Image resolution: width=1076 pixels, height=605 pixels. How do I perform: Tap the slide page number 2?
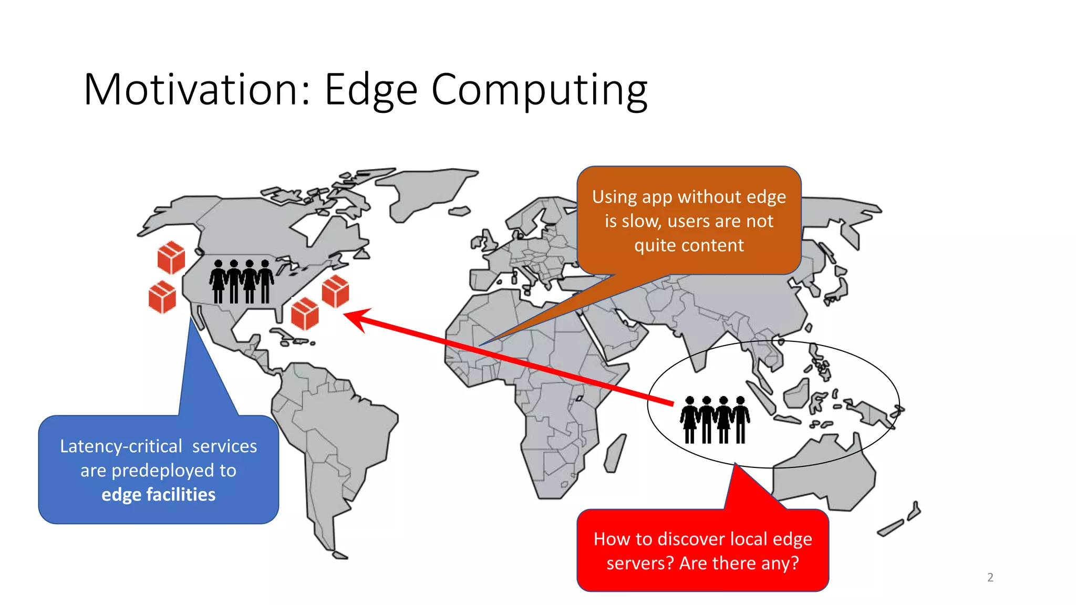click(990, 577)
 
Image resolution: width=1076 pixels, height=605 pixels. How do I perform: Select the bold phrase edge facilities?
click(158, 495)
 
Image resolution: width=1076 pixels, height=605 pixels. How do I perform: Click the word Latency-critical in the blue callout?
click(121, 446)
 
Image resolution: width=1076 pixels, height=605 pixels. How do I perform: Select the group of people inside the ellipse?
click(715, 420)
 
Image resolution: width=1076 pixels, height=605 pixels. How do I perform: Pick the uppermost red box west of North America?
click(171, 257)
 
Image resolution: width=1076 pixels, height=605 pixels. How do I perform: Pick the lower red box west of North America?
click(162, 297)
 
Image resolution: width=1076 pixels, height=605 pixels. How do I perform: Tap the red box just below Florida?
click(305, 314)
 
